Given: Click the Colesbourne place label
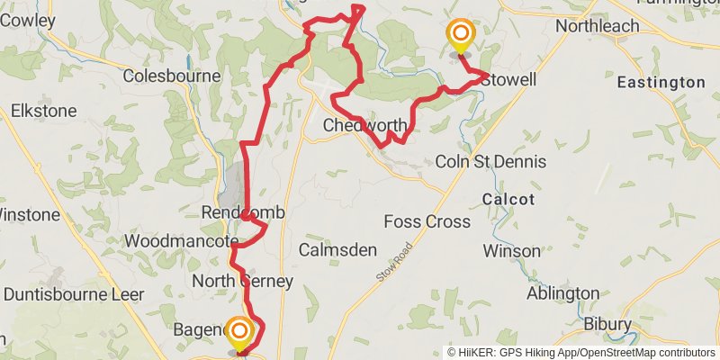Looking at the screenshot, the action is pyautogui.click(x=172, y=76).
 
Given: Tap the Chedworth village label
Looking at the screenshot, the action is pyautogui.click(x=364, y=126).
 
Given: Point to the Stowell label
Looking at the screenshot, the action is pyautogui.click(x=508, y=80).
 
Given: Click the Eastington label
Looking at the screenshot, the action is pyautogui.click(x=661, y=82).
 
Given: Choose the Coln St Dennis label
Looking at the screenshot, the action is pyautogui.click(x=490, y=162).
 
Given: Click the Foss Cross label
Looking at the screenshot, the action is pyautogui.click(x=427, y=221).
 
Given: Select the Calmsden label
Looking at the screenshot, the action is pyautogui.click(x=337, y=250).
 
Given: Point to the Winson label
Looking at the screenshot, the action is pyautogui.click(x=512, y=250).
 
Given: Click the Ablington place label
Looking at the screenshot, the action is pyautogui.click(x=562, y=293).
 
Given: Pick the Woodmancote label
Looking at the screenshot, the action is pyautogui.click(x=180, y=242).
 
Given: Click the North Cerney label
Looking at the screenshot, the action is pyautogui.click(x=243, y=282).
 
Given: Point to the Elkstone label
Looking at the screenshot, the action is pyautogui.click(x=44, y=112).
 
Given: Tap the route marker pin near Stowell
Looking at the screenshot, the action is pyautogui.click(x=460, y=37).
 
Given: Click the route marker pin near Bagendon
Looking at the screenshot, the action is pyautogui.click(x=239, y=332).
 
